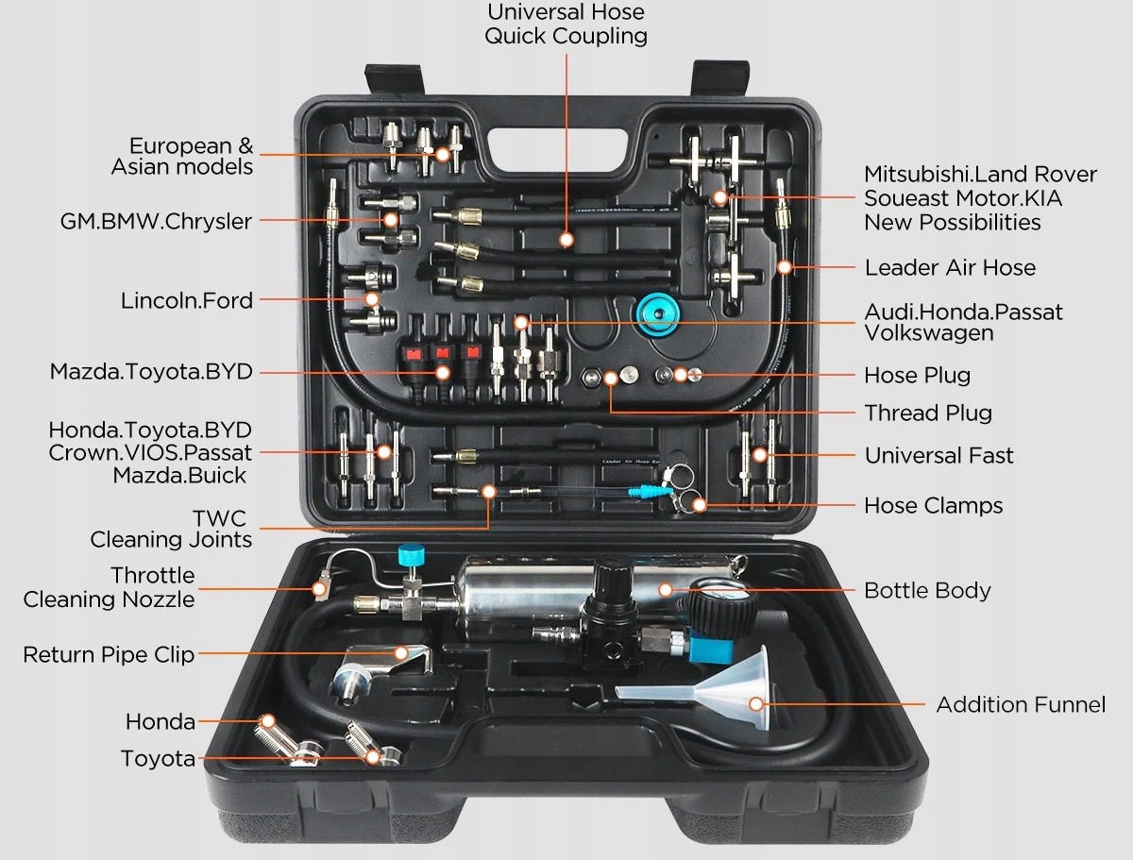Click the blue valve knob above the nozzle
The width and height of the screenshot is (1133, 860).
coord(410,555)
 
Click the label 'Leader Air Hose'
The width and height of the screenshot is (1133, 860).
coord(950,267)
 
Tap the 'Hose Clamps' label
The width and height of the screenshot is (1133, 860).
coord(933,505)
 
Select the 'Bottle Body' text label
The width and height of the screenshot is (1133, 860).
coord(927,591)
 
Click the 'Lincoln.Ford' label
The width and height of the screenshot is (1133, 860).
coord(187,300)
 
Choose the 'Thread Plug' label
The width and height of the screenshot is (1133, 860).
coord(927,413)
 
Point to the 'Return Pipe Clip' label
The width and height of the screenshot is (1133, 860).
coord(109,654)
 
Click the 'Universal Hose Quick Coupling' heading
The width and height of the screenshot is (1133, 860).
coord(566,24)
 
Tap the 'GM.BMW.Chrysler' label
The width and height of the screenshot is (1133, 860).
coord(156,222)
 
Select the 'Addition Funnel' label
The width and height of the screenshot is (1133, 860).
coord(1021,704)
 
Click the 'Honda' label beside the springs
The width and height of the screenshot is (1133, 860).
coord(161,722)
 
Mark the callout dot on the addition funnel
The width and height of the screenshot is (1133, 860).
coord(756,703)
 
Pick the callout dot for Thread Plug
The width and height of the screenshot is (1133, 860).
coord(611,379)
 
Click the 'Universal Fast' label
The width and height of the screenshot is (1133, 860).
coord(939,455)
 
